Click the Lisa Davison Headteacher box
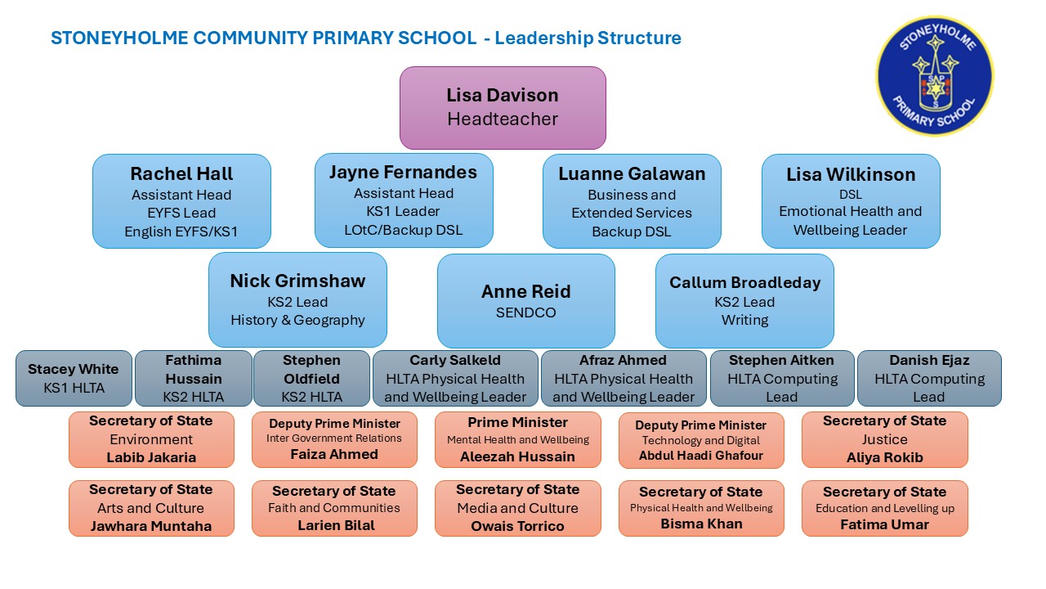(503, 107)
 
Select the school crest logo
(935, 76)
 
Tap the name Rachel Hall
(181, 174)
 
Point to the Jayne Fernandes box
(404, 200)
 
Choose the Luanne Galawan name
(632, 174)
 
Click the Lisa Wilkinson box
(851, 201)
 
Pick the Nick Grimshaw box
(297, 299)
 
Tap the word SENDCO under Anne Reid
(525, 312)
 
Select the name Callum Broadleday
(744, 282)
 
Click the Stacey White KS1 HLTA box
(74, 378)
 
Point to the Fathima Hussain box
(194, 378)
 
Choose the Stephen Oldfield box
(311, 378)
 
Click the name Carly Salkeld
(455, 360)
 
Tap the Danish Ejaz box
(929, 378)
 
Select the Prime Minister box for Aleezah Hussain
(518, 439)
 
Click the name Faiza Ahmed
(334, 454)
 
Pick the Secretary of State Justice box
(885, 439)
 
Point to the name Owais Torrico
(517, 526)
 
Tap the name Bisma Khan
(701, 524)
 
